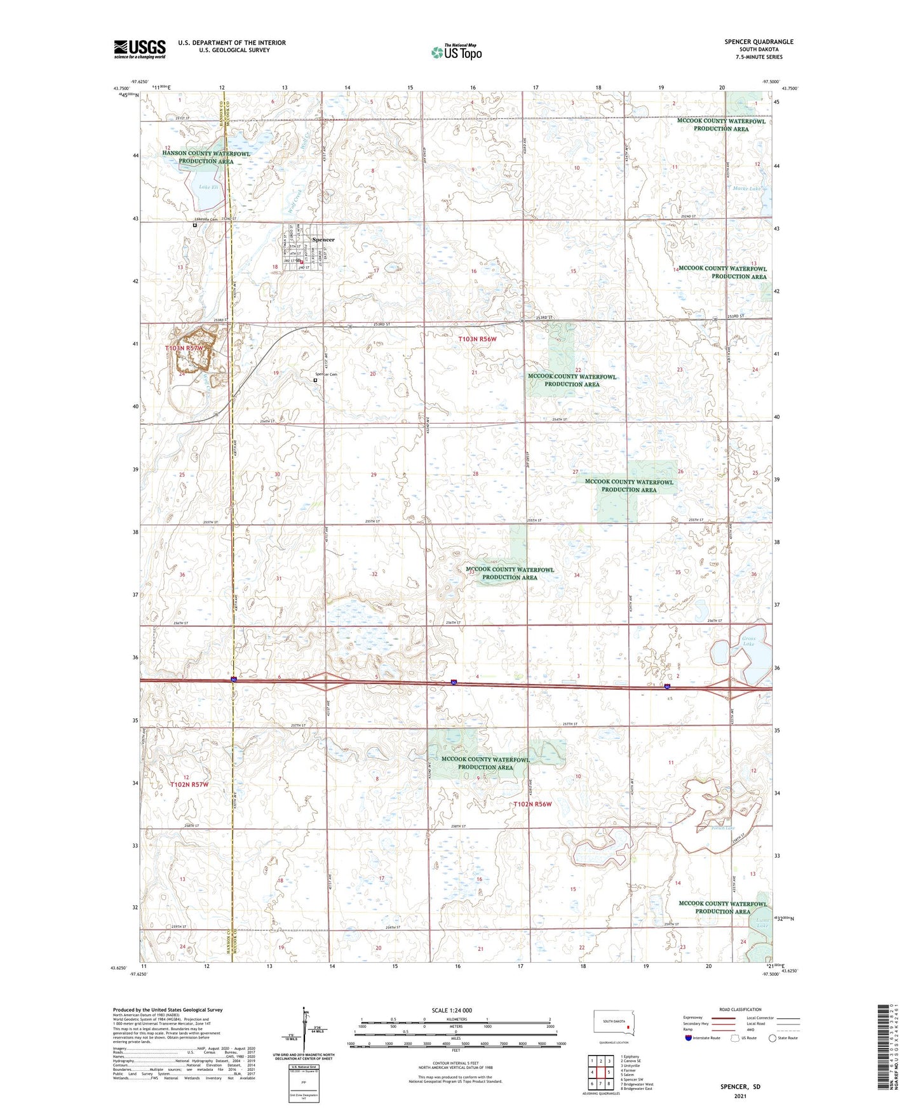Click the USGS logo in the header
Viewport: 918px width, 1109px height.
point(139,49)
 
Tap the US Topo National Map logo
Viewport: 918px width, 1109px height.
point(456,51)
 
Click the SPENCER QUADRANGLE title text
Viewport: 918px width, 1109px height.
point(759,42)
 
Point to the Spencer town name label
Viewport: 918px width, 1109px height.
point(323,239)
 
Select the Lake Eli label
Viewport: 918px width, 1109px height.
point(208,187)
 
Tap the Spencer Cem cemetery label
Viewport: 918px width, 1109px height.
point(327,374)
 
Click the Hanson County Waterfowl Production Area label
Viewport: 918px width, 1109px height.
point(206,158)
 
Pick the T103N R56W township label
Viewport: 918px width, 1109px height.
point(477,339)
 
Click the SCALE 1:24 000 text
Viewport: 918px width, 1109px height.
point(452,1010)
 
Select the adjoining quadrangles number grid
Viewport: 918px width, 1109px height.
point(600,1072)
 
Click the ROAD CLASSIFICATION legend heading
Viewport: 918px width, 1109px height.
point(740,1009)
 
